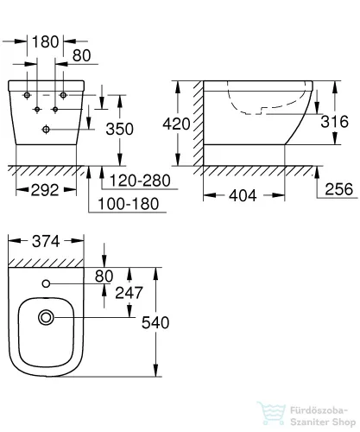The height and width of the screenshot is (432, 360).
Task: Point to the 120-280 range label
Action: click(135, 181)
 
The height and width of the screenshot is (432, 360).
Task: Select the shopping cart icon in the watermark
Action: click(277, 416)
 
